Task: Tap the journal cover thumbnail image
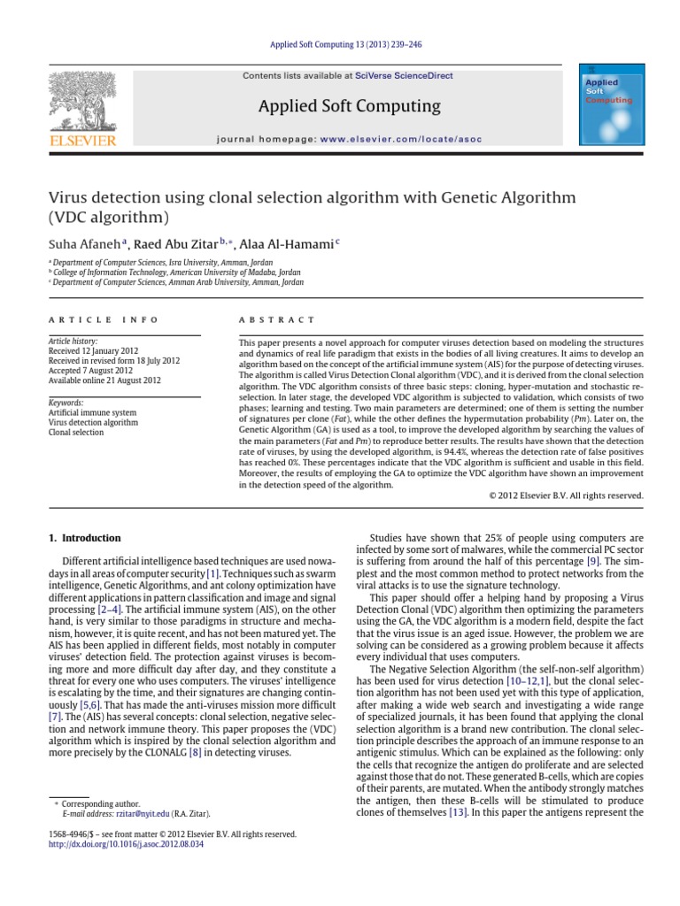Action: (610, 105)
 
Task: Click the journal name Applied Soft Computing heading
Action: (348, 107)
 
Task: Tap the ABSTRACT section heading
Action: (277, 319)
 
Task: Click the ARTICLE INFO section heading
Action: (103, 319)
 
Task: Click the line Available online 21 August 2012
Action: (104, 380)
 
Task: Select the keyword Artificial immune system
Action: (92, 412)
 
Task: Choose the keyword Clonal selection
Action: (75, 432)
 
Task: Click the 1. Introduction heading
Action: (83, 537)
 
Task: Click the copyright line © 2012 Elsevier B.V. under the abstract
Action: (566, 495)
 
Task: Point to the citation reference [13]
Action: (458, 811)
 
